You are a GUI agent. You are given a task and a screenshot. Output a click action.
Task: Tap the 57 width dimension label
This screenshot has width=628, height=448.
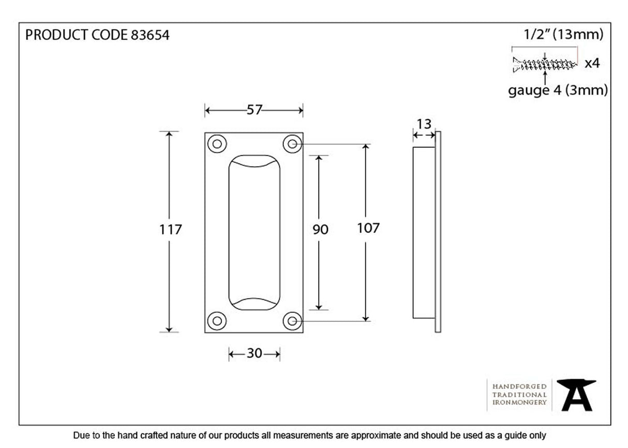(x=254, y=110)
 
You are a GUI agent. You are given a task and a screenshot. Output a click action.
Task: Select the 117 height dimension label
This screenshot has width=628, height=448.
(x=171, y=229)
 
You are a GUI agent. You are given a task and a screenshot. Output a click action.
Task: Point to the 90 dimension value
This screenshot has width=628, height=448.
(x=320, y=229)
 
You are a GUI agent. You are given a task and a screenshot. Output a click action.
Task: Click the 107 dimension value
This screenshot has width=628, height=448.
(x=368, y=227)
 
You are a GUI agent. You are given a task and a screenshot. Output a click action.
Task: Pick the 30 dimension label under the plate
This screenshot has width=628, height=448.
(x=255, y=353)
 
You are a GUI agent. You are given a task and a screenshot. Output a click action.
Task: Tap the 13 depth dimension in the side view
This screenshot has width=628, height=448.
(x=424, y=124)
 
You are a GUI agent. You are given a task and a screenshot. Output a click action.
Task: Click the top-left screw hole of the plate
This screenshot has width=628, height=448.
(x=217, y=144)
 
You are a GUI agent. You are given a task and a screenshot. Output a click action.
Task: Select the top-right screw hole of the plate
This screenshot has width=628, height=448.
(x=292, y=144)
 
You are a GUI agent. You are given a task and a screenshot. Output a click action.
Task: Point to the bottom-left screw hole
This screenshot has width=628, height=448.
(x=217, y=321)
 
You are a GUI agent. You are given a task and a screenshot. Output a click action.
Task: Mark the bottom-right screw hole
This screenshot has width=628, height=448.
(x=292, y=321)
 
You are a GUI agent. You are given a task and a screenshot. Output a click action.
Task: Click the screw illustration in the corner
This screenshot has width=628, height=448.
(x=544, y=65)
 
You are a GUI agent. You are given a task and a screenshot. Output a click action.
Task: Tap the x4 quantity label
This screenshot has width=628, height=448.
(x=592, y=64)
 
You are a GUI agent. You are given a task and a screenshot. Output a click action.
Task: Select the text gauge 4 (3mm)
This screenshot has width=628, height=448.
(x=558, y=90)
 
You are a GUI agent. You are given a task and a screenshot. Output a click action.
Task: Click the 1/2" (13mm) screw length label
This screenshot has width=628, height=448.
(x=563, y=35)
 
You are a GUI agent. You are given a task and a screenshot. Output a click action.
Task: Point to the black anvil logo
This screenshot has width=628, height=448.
(x=576, y=394)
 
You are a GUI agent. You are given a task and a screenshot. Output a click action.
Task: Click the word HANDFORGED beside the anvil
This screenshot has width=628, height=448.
(x=519, y=387)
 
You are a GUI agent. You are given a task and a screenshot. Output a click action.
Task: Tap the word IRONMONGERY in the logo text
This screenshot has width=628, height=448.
(x=519, y=402)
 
